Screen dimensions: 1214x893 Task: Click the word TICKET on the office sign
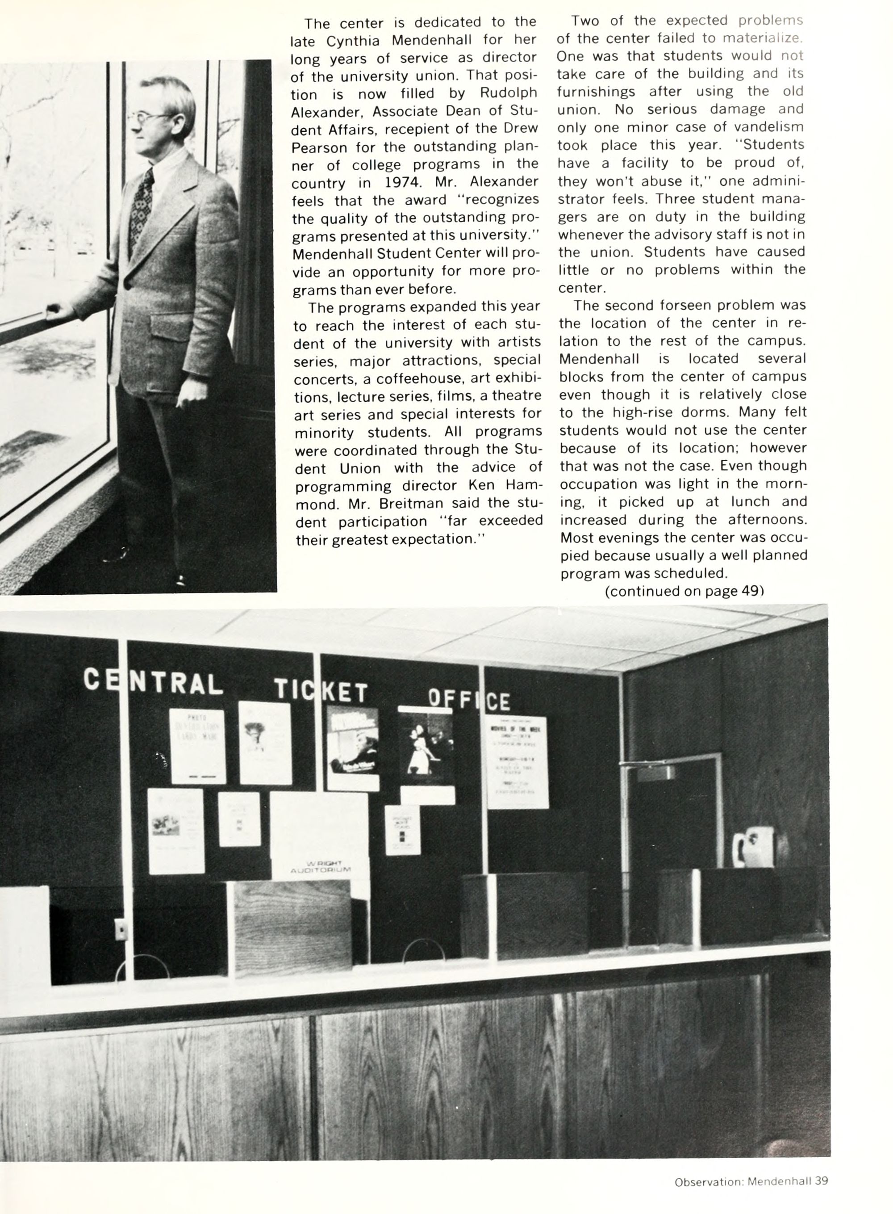click(321, 691)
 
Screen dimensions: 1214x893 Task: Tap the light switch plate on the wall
click(121, 929)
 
